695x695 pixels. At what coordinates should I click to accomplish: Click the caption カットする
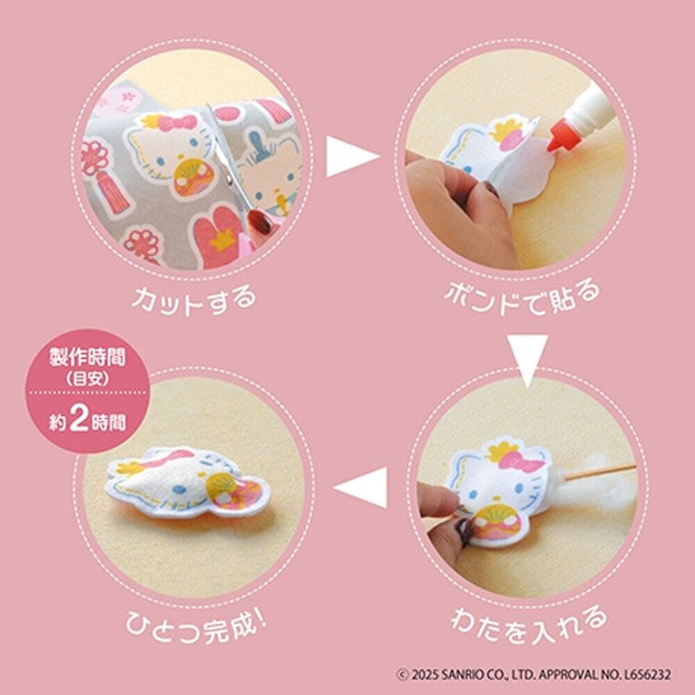[194, 300]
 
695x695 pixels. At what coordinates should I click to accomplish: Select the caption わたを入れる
[528, 624]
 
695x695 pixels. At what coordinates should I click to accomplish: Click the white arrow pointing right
[352, 156]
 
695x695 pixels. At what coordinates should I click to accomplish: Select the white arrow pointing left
[361, 487]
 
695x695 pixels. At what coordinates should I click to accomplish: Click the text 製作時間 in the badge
[88, 357]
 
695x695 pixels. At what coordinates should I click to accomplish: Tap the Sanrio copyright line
[534, 675]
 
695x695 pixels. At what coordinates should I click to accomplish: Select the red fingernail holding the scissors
[261, 222]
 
